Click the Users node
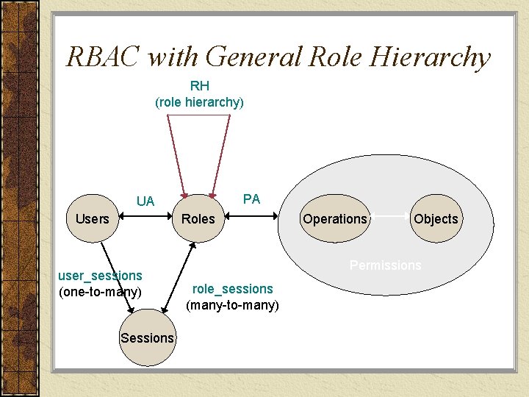[92, 218]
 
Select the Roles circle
[198, 218]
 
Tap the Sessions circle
[147, 337]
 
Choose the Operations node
[334, 218]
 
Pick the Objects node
[436, 218]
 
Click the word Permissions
[385, 265]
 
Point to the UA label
[145, 201]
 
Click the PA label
[251, 198]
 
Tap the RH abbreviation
[199, 86]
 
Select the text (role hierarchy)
[199, 102]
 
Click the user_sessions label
[100, 276]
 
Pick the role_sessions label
[232, 289]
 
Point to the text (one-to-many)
[100, 292]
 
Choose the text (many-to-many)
[232, 304]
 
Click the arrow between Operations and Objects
[389, 215]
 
